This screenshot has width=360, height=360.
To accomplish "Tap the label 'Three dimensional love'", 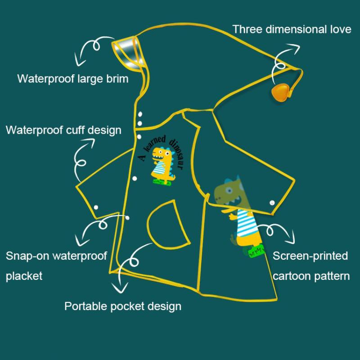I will pos(292,30).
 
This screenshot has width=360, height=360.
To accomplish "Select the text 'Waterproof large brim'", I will pos(73,79).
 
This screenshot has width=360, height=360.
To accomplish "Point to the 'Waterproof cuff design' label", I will pos(63,130).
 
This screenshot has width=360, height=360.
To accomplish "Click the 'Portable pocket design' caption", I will pos(123,306).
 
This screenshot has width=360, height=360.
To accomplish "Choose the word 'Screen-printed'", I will pos(310,256).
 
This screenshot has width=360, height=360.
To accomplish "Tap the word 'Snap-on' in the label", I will pos(27,256).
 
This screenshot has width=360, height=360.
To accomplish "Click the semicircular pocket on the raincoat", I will pos(167,223).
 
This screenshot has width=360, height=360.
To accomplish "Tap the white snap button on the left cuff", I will pos(96,207).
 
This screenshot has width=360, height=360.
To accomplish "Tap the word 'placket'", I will pos(24,275).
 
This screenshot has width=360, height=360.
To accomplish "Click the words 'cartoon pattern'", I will pos(311,275).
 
